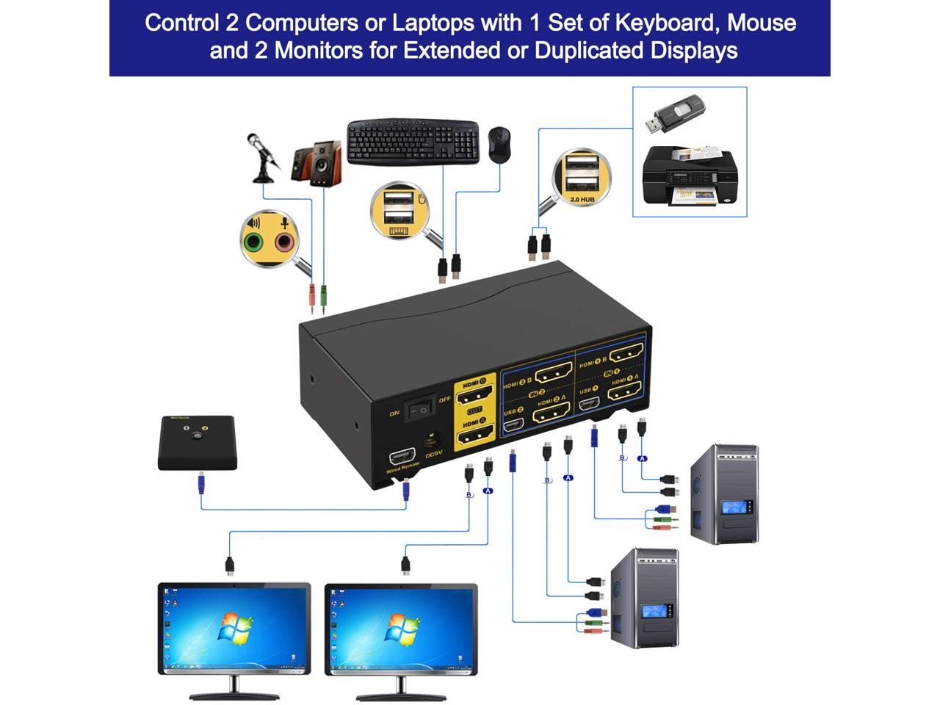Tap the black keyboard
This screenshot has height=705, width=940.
pos(413,141)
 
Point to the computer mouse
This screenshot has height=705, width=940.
pos(499,144)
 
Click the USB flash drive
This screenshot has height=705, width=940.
pos(674,115)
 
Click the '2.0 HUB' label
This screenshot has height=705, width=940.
pos(582,199)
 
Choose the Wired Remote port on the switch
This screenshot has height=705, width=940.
pos(401,456)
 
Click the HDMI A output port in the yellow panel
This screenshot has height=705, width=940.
pos(475,438)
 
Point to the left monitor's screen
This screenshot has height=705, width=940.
pos(234,626)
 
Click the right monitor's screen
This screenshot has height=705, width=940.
pos(401,626)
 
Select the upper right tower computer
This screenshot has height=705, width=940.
pos(724,493)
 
